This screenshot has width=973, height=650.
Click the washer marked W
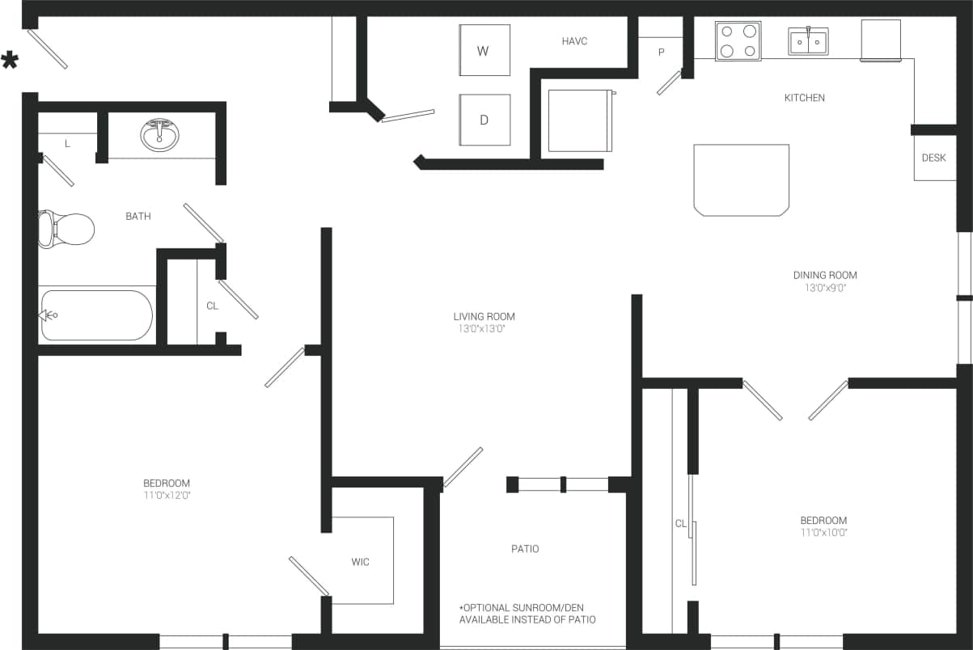[484, 50]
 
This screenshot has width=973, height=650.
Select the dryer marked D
[484, 120]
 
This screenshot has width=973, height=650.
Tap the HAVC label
[574, 41]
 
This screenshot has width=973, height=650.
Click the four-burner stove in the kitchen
[738, 41]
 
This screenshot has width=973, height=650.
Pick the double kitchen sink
[808, 41]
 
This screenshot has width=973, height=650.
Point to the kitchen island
[741, 179]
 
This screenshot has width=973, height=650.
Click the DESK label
[933, 158]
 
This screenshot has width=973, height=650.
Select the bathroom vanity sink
[160, 134]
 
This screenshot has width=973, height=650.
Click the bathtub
[96, 315]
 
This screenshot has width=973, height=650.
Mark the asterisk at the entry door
[10, 60]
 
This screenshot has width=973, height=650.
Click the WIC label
[361, 562]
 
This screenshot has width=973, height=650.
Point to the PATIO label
[525, 549]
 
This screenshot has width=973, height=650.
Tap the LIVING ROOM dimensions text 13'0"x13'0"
[484, 329]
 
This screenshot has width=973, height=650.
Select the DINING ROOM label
[824, 275]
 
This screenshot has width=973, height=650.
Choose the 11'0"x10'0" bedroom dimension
[823, 532]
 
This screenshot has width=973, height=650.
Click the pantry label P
[661, 53]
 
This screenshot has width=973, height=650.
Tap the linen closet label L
[67, 144]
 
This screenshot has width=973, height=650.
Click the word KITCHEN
[804, 98]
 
